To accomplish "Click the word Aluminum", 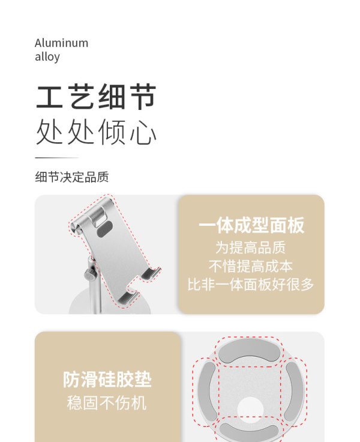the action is [x=61, y=43].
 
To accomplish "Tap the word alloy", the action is [x=47, y=56].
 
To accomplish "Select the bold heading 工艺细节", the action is [x=96, y=97].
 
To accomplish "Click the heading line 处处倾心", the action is [x=96, y=132].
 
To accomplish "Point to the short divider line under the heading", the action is [x=56, y=158].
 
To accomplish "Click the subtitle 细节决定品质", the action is [x=72, y=177].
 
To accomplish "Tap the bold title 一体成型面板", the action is [x=251, y=225].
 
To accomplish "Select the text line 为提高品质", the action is [x=251, y=247].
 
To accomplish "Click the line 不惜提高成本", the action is [x=251, y=266].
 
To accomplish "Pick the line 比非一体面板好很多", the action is [x=251, y=284].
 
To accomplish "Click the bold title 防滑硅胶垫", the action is [x=107, y=380].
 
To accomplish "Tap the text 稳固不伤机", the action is [x=107, y=403].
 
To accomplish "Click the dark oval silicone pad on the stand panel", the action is [x=104, y=229].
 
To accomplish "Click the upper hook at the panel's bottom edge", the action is [x=151, y=273].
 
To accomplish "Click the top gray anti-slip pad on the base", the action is [x=250, y=350].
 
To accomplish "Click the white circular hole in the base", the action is [x=250, y=410].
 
